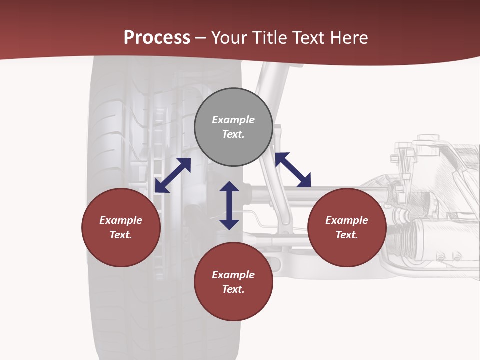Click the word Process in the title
pos(157,38)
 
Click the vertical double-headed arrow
pos(229,205)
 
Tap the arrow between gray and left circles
pos(173,175)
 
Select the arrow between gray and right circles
pos(293,170)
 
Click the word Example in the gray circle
pos(233,120)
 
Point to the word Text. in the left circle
pos(121,235)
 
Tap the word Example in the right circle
pos(347,220)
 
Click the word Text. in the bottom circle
pos(233,289)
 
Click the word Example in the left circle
pos(121,220)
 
